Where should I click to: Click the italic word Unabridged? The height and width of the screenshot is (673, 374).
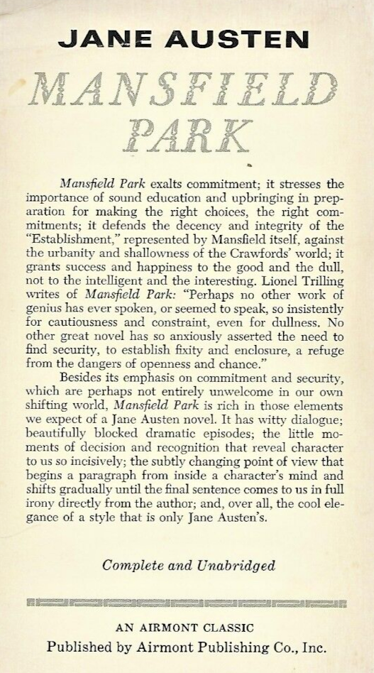click(x=231, y=565)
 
